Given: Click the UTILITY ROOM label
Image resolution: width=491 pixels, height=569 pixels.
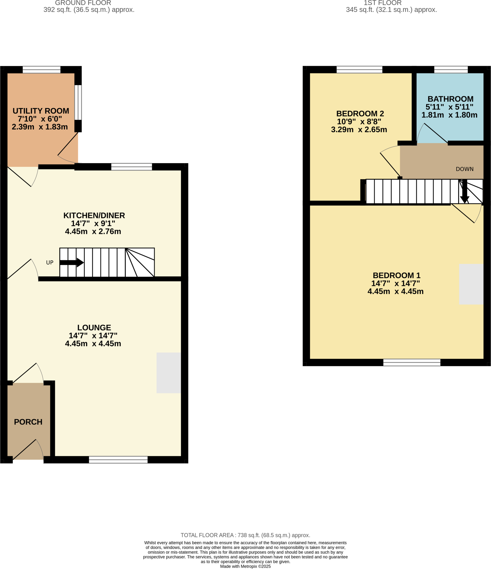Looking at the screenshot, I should tap(41, 111).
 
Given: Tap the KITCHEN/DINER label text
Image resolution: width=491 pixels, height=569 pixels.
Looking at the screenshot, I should tap(94, 215).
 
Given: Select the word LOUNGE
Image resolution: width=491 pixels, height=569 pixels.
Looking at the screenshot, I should tap(94, 328).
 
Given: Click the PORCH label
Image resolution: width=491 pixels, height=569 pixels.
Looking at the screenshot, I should tap(28, 422).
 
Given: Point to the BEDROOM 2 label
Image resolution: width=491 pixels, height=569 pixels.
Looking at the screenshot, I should tap(360, 114).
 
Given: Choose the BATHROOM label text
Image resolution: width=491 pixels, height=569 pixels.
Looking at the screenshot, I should tap(450, 99).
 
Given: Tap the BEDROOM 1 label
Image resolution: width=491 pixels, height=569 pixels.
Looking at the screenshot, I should tap(396, 275).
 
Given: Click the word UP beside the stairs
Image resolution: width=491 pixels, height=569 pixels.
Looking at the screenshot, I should tap(50, 263).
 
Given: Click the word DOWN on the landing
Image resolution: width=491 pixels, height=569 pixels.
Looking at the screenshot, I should tap(465, 169).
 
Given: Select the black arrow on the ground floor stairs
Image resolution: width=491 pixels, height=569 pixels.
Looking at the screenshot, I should tap(72, 263).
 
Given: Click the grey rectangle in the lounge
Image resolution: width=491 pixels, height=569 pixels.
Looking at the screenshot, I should tap(169, 373).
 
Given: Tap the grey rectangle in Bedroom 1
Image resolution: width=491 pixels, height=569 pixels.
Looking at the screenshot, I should tap(471, 284).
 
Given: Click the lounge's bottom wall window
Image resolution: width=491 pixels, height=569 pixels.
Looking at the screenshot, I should tap(118, 460).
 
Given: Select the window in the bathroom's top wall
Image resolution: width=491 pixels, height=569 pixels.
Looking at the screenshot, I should tap(451, 69).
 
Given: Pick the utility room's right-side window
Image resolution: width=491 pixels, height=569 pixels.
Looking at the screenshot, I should tap(78, 102).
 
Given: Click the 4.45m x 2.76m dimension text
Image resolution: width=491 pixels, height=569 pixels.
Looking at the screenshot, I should tap(93, 231).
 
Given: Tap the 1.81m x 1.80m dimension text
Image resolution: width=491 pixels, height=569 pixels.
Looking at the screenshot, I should tap(449, 115).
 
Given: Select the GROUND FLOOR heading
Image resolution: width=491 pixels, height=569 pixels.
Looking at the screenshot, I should tap(83, 3).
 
